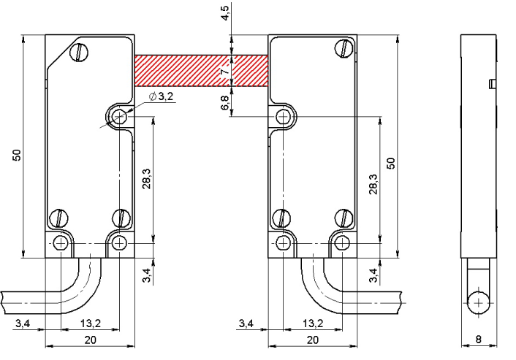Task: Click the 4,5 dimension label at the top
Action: click(225, 12)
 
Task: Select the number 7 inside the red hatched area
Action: click(225, 72)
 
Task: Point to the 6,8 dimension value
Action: click(225, 102)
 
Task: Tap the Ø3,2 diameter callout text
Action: click(161, 96)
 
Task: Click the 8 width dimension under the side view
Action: click(479, 339)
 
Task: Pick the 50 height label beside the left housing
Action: click(17, 156)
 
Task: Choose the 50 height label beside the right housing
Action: click(390, 164)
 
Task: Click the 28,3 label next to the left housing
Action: click(146, 179)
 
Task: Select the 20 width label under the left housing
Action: click(90, 340)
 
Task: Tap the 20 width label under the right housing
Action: click(312, 340)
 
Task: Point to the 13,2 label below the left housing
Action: click(91, 323)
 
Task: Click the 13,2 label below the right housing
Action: click(313, 323)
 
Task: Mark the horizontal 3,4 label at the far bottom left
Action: click(23, 323)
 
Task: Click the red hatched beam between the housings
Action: click(202, 71)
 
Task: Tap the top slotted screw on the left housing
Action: click(80, 53)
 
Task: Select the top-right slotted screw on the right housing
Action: click(344, 48)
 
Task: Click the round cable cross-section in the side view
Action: click(479, 303)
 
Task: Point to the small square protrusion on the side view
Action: click(493, 84)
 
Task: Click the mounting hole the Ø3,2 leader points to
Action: click(119, 117)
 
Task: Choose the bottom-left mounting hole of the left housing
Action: click(61, 243)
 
